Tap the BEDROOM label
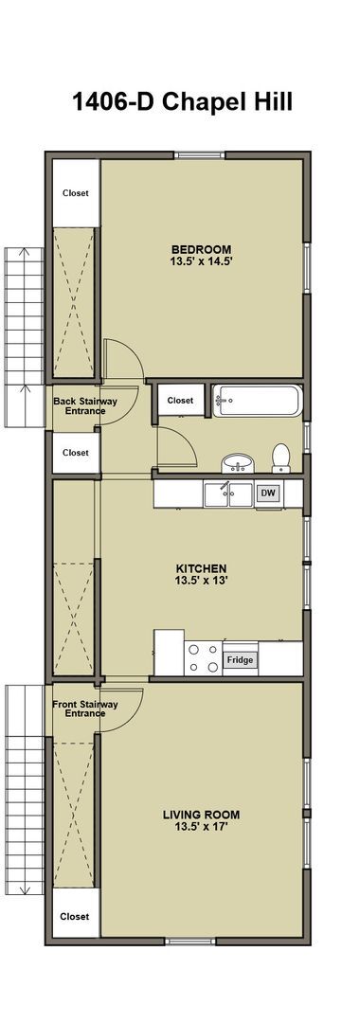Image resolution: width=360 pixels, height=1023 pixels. [x=202, y=247]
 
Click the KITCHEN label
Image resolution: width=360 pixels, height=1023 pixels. [x=201, y=568]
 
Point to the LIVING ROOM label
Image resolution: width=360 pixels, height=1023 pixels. [x=201, y=814]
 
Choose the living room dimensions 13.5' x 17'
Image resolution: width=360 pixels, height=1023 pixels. [x=201, y=827]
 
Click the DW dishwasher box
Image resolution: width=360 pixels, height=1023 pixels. [x=268, y=494]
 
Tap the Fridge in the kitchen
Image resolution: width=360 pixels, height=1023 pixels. [x=240, y=659]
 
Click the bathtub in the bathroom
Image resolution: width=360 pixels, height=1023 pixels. [x=257, y=402]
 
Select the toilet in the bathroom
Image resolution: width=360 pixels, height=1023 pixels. [x=280, y=458]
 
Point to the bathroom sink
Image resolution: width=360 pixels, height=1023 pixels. [x=237, y=463]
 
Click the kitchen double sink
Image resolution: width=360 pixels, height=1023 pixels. [x=228, y=494]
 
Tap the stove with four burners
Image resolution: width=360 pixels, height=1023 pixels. [x=204, y=657]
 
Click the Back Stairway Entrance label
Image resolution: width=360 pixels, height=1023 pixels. [x=84, y=406]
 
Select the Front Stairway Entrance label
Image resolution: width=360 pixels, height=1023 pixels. [x=84, y=709]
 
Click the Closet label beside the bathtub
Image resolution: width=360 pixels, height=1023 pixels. [x=180, y=401]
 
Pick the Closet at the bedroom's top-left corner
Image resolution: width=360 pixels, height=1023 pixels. [x=76, y=193]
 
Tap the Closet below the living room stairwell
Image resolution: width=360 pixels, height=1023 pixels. [x=75, y=916]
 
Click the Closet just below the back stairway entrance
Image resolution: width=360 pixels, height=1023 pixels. [x=76, y=453]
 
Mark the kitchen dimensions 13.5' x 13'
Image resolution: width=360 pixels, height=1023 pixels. [x=201, y=582]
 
